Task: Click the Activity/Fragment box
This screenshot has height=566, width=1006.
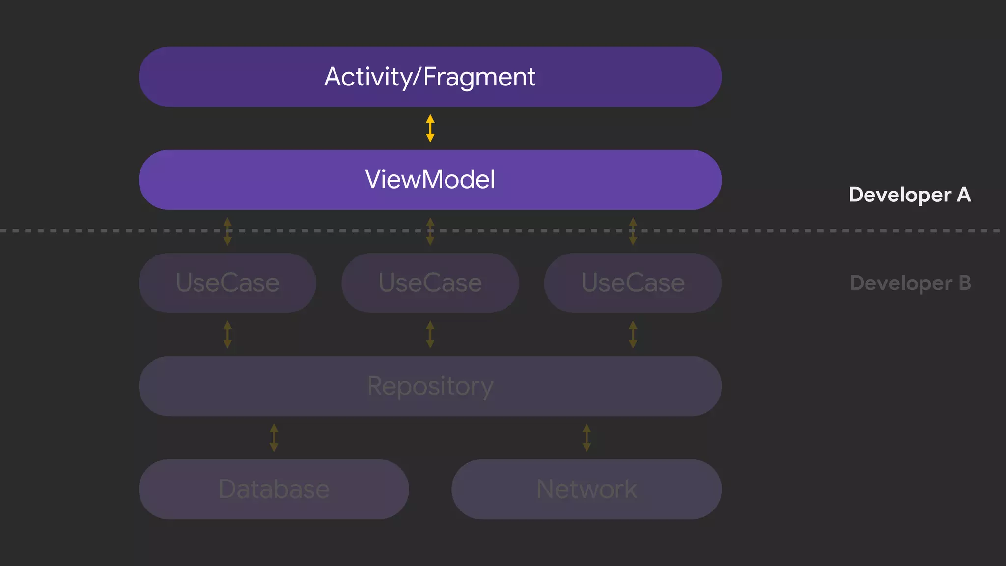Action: pyautogui.click(x=430, y=77)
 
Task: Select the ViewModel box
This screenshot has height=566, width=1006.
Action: pyautogui.click(x=430, y=180)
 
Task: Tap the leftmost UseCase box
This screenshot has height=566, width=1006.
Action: pyautogui.click(x=227, y=283)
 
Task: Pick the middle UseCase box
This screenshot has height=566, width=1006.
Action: pyautogui.click(x=430, y=283)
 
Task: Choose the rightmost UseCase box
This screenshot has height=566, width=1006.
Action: pyautogui.click(x=633, y=283)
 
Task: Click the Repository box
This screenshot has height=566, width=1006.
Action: pyautogui.click(x=430, y=386)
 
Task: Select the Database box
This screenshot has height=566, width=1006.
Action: pyautogui.click(x=274, y=489)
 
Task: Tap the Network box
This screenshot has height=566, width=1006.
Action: pyautogui.click(x=587, y=489)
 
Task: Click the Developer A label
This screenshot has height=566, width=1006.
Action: pyautogui.click(x=909, y=195)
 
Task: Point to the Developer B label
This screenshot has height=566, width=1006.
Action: pyautogui.click(x=910, y=283)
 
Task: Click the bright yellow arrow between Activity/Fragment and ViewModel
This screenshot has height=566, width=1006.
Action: pyautogui.click(x=430, y=128)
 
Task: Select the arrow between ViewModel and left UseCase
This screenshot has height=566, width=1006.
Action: pyautogui.click(x=227, y=231)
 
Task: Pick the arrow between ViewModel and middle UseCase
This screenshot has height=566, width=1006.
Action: pyautogui.click(x=430, y=231)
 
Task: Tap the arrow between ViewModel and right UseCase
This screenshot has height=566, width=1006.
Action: pyautogui.click(x=633, y=231)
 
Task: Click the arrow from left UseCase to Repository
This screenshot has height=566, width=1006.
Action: pyautogui.click(x=227, y=335)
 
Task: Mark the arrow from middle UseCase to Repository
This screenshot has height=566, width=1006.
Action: pyautogui.click(x=430, y=335)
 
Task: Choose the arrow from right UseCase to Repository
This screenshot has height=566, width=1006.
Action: pyautogui.click(x=633, y=335)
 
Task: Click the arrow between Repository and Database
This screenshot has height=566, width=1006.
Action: pyautogui.click(x=274, y=438)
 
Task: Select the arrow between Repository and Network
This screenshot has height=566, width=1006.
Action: pyautogui.click(x=587, y=438)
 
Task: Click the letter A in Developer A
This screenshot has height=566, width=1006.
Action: pyautogui.click(x=963, y=195)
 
